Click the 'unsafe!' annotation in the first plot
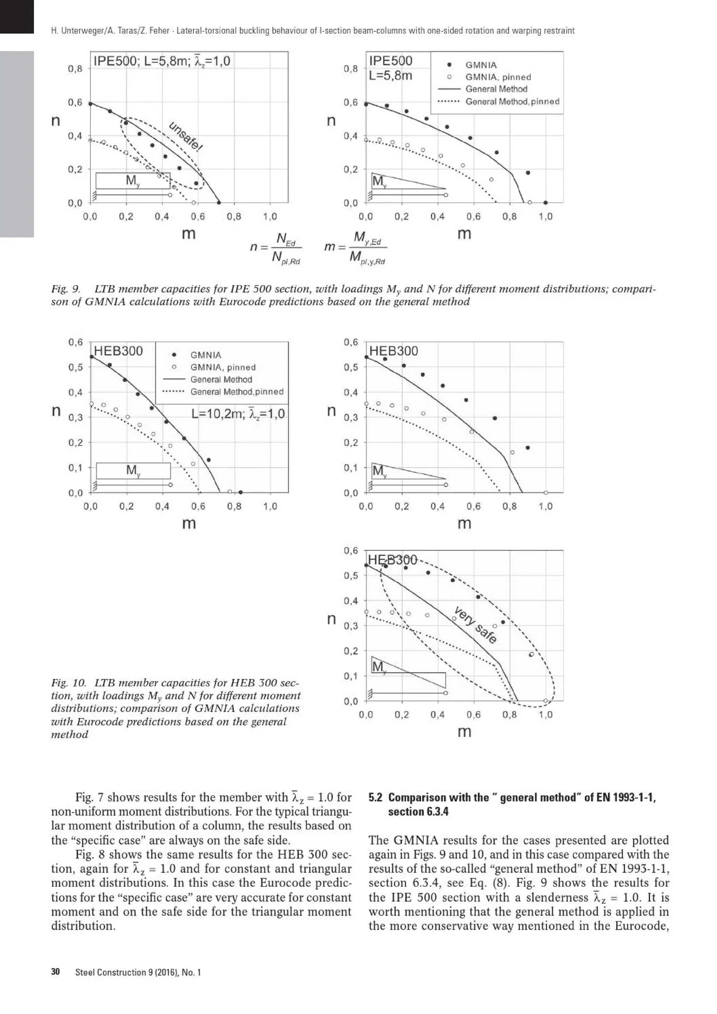pyautogui.click(x=186, y=136)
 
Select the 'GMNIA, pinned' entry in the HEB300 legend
pyautogui.click(x=223, y=367)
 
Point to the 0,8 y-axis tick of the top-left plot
pyautogui.click(x=75, y=69)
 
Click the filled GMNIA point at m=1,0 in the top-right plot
pyautogui.click(x=545, y=203)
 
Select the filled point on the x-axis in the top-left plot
pyautogui.click(x=219, y=203)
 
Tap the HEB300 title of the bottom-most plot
pyautogui.click(x=392, y=560)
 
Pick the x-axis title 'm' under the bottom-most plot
pyautogui.click(x=464, y=732)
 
